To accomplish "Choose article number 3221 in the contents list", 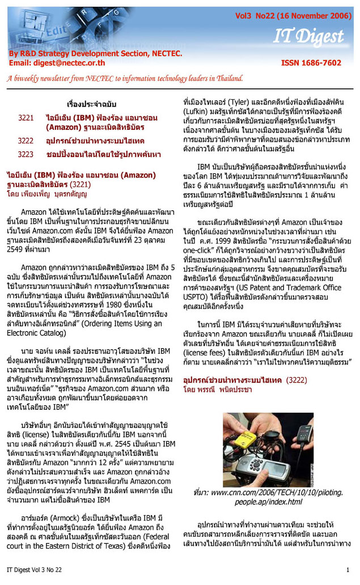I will pos(26,117).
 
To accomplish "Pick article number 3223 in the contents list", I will pos(26,154).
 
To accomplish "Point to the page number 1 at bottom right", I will pos(347,569).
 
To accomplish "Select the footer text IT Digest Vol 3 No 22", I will pos(35,569).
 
